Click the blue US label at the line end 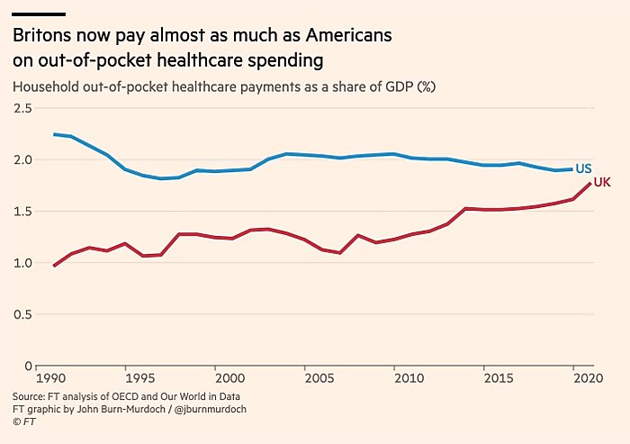[583, 168]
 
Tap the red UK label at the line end [602, 183]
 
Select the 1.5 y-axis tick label [22, 213]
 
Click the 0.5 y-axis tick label [22, 315]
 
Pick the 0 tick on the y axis [27, 367]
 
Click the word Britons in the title [41, 37]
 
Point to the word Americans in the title [348, 37]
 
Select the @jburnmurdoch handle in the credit [206, 409]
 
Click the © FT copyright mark [23, 421]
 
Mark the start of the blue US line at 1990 [54, 134]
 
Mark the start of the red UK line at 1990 [54, 266]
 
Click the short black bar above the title [39, 14]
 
